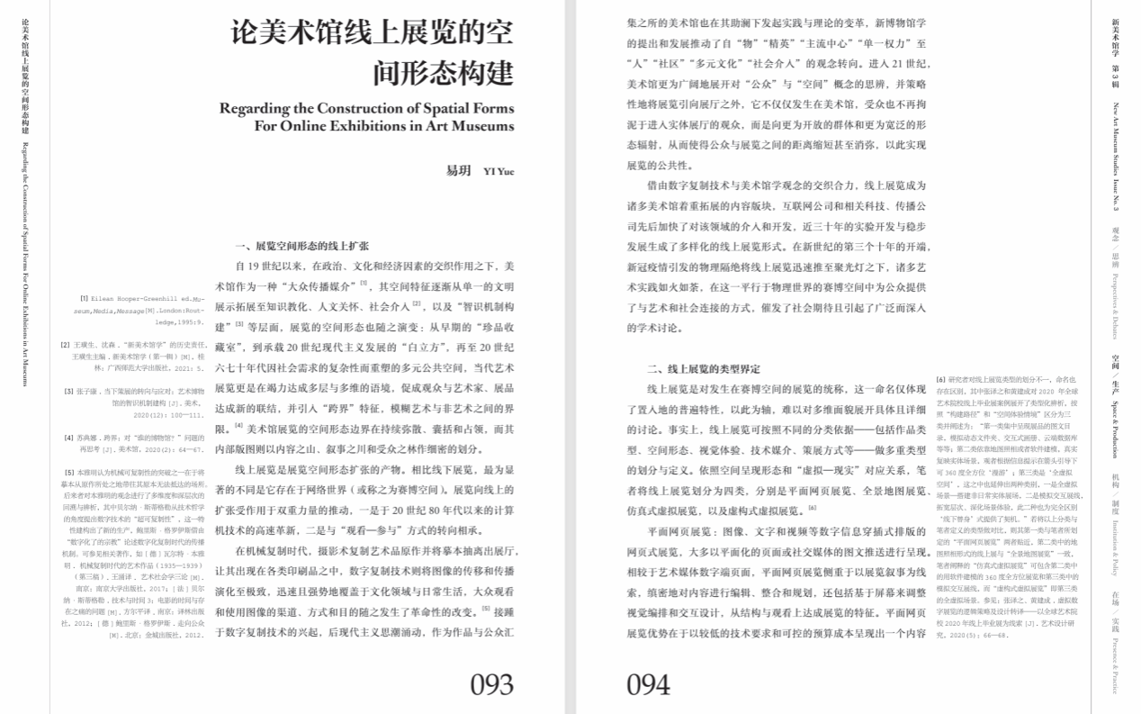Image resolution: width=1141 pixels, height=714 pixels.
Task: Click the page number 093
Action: pyautogui.click(x=490, y=684)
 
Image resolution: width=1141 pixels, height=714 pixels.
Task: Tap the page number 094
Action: pyautogui.click(x=648, y=684)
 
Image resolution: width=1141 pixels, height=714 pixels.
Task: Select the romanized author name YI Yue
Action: pyautogui.click(x=499, y=171)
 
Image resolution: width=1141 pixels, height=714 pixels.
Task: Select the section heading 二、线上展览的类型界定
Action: pyautogui.click(x=704, y=368)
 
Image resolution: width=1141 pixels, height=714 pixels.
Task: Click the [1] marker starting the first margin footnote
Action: pyautogui.click(x=84, y=297)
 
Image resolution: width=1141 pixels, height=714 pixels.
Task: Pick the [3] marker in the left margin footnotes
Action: pyautogui.click(x=68, y=391)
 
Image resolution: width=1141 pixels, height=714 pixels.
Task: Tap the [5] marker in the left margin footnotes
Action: pyautogui.click(x=68, y=472)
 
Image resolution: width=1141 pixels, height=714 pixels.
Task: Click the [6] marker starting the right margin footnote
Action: pyautogui.click(x=940, y=379)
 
